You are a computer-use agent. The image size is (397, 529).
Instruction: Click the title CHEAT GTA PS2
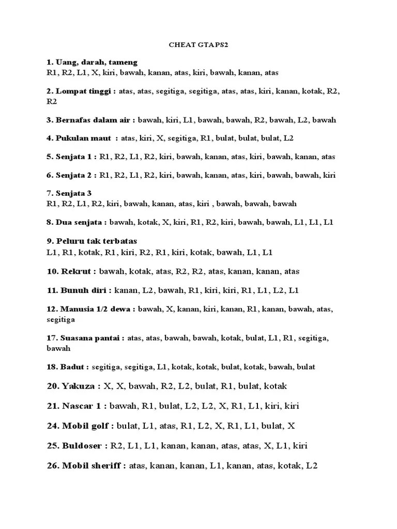pyautogui.click(x=198, y=45)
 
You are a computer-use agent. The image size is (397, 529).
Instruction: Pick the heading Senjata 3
pyautogui.click(x=69, y=193)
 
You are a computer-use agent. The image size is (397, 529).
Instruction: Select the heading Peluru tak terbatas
pyautogui.click(x=91, y=241)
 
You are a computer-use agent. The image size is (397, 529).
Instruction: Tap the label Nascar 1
pyautogui.click(x=77, y=406)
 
